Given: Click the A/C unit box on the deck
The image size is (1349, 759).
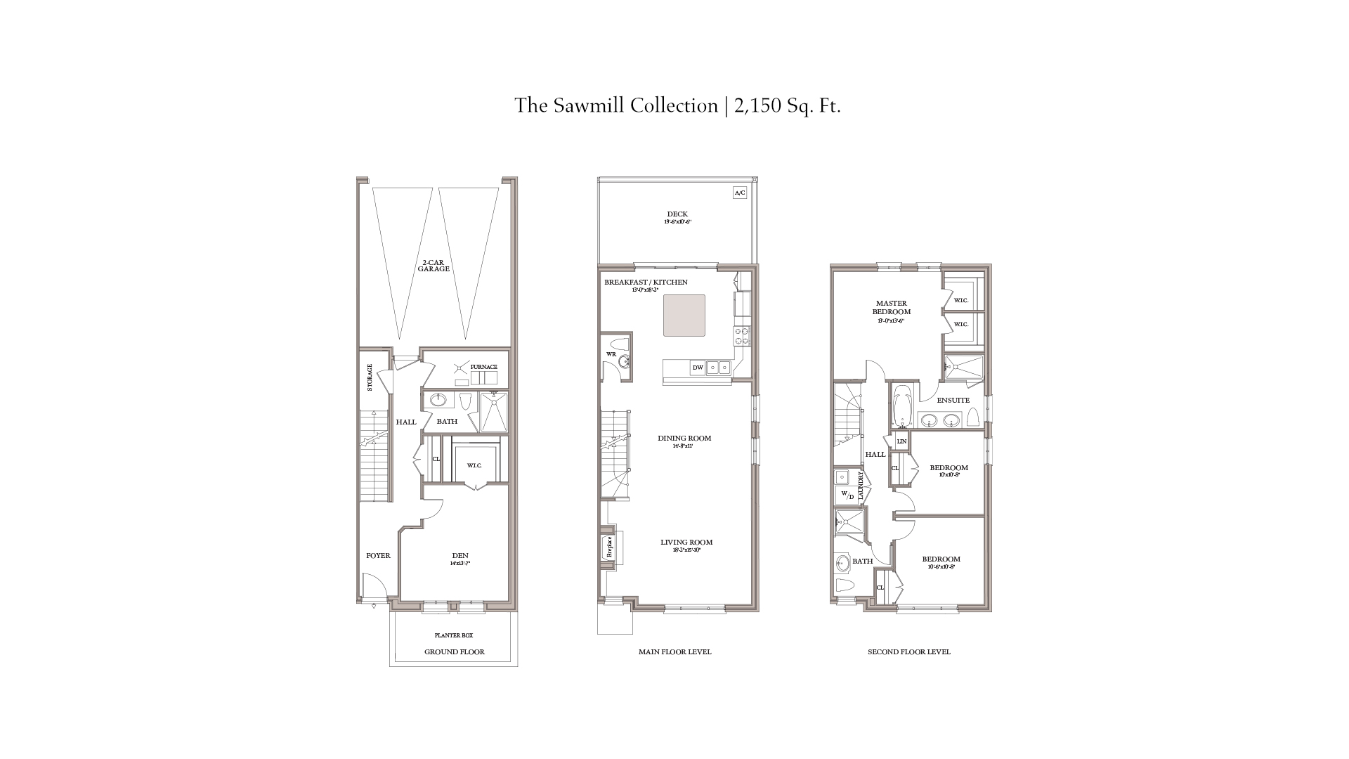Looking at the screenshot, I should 739,193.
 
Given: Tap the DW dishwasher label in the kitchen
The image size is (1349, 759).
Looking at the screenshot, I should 698,368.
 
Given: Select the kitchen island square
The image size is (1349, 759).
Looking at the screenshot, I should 684,316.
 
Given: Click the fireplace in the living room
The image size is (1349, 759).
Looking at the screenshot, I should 608,547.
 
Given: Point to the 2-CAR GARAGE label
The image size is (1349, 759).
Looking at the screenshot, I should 434,266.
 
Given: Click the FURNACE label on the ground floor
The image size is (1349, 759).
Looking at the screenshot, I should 484,367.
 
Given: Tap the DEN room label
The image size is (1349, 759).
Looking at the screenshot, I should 460,556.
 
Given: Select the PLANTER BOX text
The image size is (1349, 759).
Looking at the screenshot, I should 453,635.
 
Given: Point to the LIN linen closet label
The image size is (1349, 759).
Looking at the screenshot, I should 901,442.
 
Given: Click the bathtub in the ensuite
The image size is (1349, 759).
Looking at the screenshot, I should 901,406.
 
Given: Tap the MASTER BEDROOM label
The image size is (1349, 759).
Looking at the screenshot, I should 891,308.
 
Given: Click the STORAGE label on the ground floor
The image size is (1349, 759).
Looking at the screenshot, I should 370,377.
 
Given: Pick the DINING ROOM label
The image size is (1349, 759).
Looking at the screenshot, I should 684,439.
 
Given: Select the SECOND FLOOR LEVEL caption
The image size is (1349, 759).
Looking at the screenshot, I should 908,652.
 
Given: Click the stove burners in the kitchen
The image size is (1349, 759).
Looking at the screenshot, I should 742,336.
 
